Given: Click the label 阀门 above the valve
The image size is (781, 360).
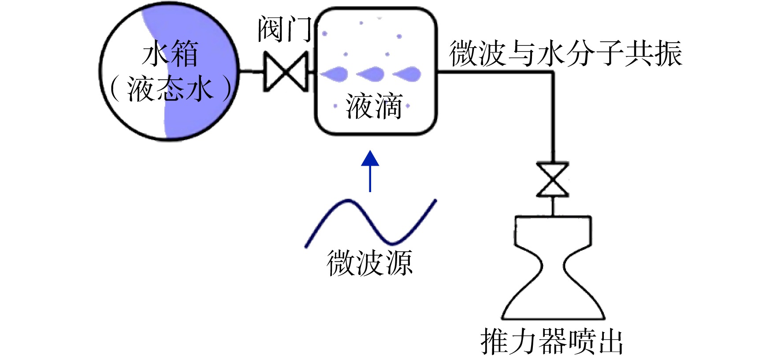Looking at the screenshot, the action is (x=285, y=30).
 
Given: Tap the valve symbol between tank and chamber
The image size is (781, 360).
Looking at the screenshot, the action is (x=286, y=71).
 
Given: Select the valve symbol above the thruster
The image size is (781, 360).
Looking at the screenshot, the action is (x=552, y=180).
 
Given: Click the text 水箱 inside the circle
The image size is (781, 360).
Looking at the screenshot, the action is (x=170, y=53).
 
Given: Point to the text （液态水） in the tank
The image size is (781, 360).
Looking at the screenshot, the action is (x=170, y=89).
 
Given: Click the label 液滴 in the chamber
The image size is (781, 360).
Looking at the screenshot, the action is (x=374, y=106).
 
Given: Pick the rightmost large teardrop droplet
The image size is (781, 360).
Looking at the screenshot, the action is (x=407, y=74).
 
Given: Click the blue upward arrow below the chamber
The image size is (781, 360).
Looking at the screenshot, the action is (x=370, y=171).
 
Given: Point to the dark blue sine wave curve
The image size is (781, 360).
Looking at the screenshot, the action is (x=371, y=223).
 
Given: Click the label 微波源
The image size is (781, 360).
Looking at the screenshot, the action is (x=369, y=263).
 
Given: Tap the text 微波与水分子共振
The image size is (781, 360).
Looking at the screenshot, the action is (x=566, y=53).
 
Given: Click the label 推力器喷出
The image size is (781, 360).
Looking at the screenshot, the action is (x=552, y=341).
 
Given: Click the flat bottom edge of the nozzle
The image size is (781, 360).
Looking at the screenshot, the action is (x=553, y=318).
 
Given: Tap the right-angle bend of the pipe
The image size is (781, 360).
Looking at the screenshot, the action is (x=553, y=71).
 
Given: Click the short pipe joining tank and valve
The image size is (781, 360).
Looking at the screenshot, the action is (x=251, y=71).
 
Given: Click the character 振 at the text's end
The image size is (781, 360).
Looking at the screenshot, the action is (x=668, y=53).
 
